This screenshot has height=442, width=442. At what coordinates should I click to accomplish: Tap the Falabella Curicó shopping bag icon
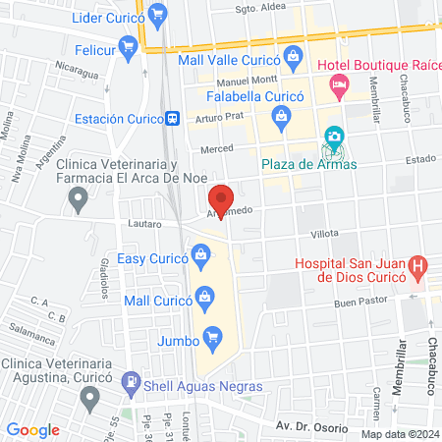(x=282, y=118)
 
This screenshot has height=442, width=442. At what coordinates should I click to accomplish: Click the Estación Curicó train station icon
(x=173, y=118)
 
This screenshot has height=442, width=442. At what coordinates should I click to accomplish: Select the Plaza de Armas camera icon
(x=334, y=137)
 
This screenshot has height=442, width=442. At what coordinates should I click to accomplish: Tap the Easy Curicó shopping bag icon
(x=201, y=258)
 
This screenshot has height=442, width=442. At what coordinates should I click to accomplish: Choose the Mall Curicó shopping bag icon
(x=204, y=296)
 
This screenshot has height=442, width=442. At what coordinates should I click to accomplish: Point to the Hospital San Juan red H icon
(x=417, y=265)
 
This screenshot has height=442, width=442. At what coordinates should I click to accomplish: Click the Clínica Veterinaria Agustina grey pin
(x=90, y=397)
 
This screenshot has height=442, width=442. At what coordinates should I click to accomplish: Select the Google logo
(x=32, y=430)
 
